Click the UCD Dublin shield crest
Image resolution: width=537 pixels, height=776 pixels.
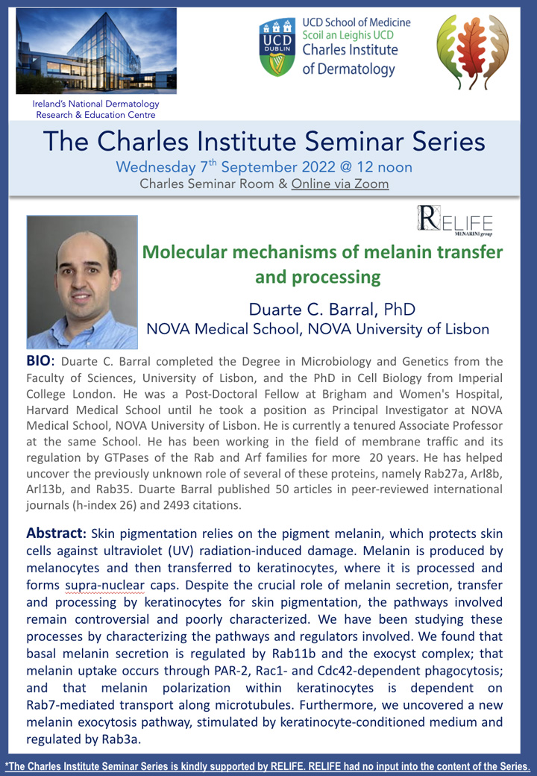[277, 47]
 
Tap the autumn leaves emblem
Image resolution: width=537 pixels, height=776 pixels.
[473, 51]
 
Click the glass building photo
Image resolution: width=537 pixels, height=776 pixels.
[96, 51]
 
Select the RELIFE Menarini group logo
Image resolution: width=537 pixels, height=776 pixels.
[455, 220]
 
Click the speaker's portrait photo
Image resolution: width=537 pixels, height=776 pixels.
[82, 282]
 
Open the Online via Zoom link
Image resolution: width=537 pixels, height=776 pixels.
[339, 184]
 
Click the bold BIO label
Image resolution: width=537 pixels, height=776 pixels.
[39, 361]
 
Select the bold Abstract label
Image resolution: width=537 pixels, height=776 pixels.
[57, 533]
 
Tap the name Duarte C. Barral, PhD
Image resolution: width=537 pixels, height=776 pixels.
[332, 310]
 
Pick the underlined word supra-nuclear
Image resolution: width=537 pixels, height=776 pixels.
[105, 586]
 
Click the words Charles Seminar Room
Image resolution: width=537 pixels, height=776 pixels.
[207, 184]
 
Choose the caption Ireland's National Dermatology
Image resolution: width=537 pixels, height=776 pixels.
[96, 104]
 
